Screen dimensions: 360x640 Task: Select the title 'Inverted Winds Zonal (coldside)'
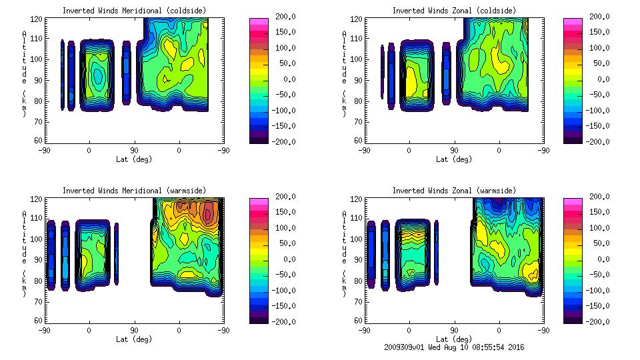point(454,11)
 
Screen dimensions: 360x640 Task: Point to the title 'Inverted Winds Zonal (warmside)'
point(454,191)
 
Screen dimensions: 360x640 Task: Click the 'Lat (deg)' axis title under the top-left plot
point(133,159)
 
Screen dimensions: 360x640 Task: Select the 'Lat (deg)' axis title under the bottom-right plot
point(455,339)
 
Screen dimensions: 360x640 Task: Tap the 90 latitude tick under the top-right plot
point(455,151)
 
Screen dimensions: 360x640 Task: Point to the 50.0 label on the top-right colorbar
point(600,63)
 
